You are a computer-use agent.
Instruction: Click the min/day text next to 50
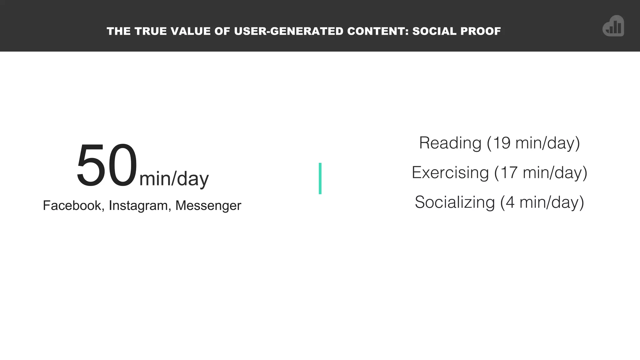[x=174, y=179]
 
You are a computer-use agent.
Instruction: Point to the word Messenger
[x=208, y=206]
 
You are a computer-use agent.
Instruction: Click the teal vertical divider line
[x=320, y=178]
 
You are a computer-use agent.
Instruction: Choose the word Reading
[x=450, y=143]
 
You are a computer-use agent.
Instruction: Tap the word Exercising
[x=450, y=172]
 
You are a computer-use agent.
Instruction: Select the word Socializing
[x=455, y=202]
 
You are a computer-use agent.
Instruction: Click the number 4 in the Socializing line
[x=510, y=202]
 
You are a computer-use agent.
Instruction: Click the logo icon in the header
[x=613, y=26]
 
